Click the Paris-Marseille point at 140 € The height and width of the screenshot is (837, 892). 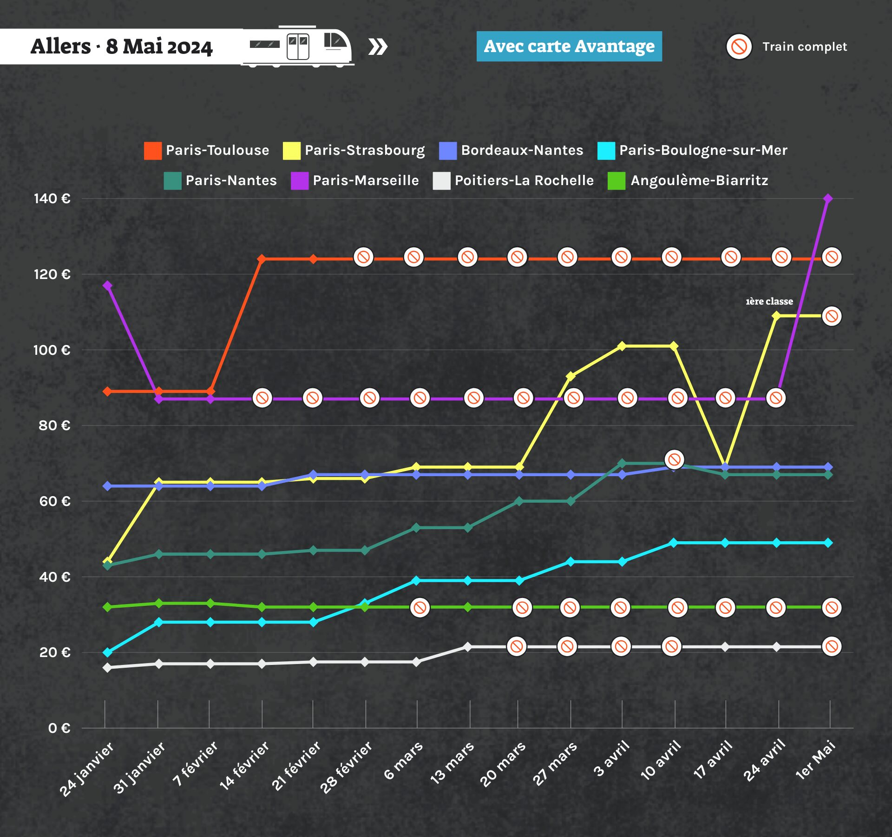(827, 199)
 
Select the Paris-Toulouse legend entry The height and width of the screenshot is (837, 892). (207, 150)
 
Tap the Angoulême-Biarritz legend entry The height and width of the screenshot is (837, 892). (688, 180)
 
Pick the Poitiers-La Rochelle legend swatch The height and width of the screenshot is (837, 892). (441, 180)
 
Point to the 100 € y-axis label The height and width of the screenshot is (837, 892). (52, 350)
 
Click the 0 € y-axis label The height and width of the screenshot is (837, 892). (59, 728)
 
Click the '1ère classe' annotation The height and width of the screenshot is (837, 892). (769, 301)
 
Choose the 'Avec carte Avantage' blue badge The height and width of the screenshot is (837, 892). (569, 46)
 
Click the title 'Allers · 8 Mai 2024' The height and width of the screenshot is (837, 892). (121, 46)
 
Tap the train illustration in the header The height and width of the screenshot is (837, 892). (297, 46)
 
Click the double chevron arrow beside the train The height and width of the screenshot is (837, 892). (378, 47)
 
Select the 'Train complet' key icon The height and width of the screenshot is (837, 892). (739, 46)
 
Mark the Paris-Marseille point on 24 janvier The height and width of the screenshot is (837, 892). (107, 286)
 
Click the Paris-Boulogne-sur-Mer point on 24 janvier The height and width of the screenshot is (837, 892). (107, 652)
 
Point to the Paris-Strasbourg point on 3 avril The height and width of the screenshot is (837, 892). (622, 346)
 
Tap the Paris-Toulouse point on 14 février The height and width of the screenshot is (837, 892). (262, 259)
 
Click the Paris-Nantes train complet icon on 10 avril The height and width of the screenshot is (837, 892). (674, 459)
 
